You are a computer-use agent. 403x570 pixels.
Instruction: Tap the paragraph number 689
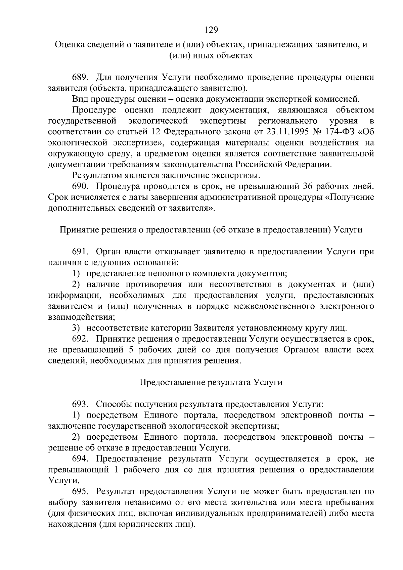coord(80,78)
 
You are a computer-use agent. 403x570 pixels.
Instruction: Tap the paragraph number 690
coord(80,186)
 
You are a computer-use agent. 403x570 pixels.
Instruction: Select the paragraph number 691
coord(80,252)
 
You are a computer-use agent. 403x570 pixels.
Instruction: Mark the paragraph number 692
coord(80,339)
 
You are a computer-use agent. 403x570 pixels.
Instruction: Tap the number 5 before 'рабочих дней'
coord(131,350)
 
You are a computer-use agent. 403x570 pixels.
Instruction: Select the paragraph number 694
coord(80,459)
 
